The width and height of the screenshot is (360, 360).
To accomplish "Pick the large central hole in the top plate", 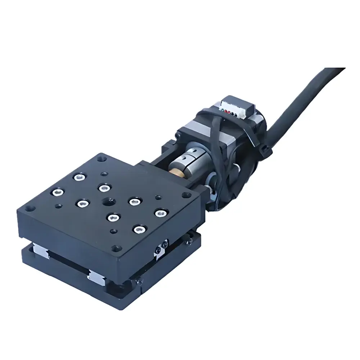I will pyautogui.click(x=107, y=201).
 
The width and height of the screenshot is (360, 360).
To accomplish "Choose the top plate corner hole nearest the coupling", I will pyautogui.click(x=186, y=195).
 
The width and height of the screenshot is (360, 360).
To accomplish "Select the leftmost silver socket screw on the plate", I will pyautogui.click(x=56, y=192).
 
